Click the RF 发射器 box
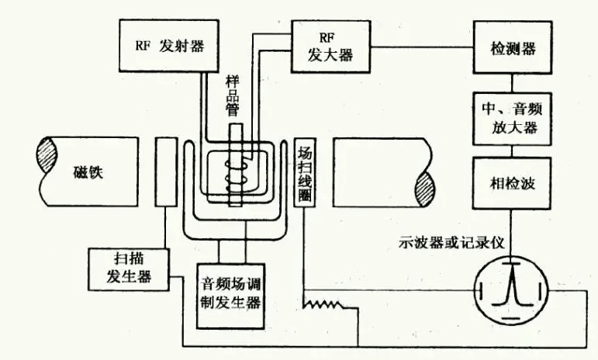[169, 46]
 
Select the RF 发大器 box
[330, 47]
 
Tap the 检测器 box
[513, 47]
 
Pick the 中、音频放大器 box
[512, 119]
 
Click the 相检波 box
[512, 183]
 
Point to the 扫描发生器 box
[129, 269]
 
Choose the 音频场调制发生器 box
[230, 296]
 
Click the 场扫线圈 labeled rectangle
[305, 172]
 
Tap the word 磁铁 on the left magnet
[88, 172]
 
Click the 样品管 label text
[232, 95]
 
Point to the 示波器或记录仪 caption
[451, 243]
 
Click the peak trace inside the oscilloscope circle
[512, 284]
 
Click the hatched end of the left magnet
[47, 155]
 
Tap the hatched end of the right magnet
[424, 189]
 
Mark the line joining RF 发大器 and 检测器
[422, 47]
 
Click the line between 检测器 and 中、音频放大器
[512, 83]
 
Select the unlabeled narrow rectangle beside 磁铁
[166, 172]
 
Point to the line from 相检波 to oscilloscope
[511, 233]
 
